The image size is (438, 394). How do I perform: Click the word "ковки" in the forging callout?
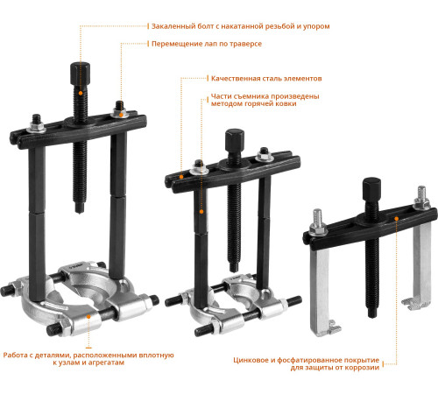click(287, 103)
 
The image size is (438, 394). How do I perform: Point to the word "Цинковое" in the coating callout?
click(251, 360)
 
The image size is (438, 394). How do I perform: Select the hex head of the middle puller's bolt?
click(235, 140)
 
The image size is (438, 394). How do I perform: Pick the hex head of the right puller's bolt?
click(371, 189)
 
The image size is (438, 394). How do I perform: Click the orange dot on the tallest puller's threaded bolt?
click(81, 93)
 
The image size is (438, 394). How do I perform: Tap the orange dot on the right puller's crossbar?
click(396, 218)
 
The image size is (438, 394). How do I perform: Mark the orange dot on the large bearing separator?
click(88, 316)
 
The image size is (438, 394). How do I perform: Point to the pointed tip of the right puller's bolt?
click(371, 316)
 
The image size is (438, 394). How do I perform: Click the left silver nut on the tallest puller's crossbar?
click(36, 128)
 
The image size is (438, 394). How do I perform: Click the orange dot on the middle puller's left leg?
click(201, 211)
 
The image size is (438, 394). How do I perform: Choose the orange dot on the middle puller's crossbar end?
click(181, 177)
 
